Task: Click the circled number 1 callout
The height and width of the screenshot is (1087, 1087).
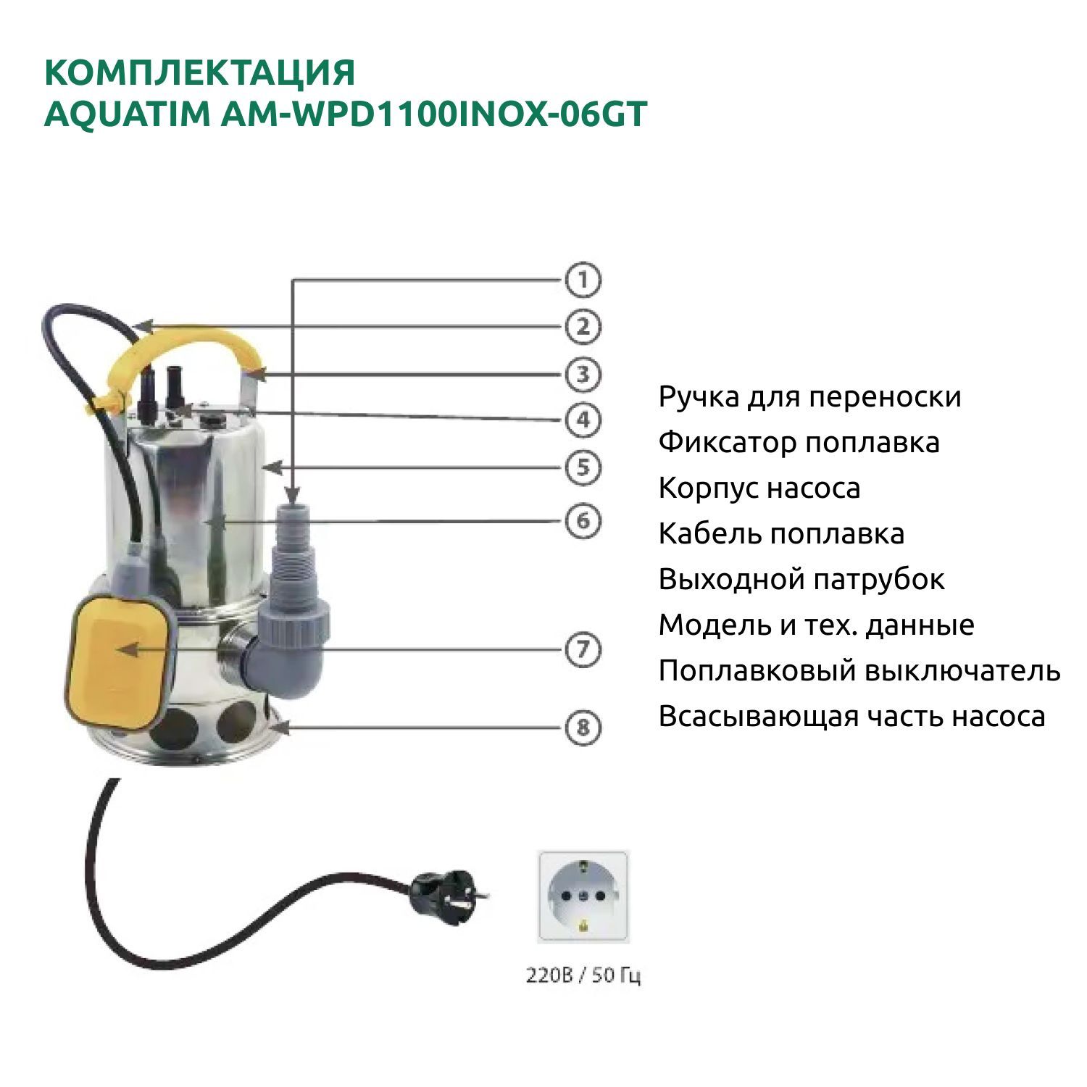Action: click(583, 280)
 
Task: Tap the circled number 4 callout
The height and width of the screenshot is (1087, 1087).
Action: click(583, 420)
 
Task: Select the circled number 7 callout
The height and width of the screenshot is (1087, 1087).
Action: click(583, 649)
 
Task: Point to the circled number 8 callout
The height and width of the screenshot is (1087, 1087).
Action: click(583, 727)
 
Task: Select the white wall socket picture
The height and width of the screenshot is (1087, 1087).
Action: click(583, 896)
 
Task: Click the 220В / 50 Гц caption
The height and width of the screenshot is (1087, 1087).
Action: click(583, 975)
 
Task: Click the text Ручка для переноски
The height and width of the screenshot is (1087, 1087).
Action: click(809, 398)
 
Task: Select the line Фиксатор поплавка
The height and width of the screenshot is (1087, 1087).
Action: click(799, 443)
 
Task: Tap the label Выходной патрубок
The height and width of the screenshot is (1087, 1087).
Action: click(801, 580)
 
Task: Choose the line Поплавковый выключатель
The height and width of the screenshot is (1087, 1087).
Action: click(859, 671)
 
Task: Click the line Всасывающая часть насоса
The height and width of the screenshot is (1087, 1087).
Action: click(852, 717)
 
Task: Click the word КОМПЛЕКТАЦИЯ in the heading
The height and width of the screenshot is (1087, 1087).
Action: click(200, 73)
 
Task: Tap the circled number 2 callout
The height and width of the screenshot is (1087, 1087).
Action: click(583, 327)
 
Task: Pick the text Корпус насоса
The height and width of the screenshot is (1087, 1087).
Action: click(759, 489)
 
